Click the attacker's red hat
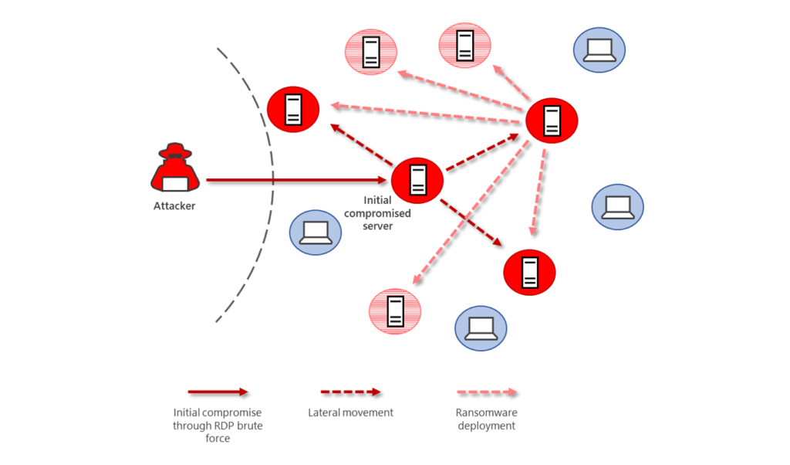click(x=175, y=151)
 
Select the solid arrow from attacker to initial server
click(x=293, y=180)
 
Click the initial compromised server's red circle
click(x=417, y=180)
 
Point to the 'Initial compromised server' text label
click(x=377, y=213)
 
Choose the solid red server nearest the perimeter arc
click(x=292, y=110)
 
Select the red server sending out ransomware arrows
click(x=551, y=120)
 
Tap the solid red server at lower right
click(x=529, y=271)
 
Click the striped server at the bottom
click(x=396, y=311)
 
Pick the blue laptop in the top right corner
click(x=599, y=50)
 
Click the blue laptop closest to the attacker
click(x=315, y=232)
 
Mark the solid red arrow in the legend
click(x=218, y=392)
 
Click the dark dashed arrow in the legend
click(x=351, y=392)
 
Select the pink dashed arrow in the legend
click(x=487, y=392)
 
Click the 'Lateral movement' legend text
click(x=350, y=412)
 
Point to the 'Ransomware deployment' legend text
click(x=487, y=419)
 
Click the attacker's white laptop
click(x=175, y=183)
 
